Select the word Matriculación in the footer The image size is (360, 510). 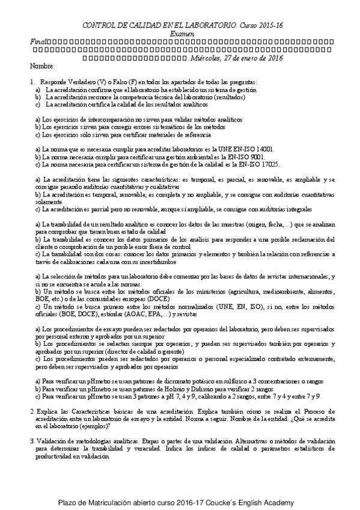pyautogui.click(x=120, y=502)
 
